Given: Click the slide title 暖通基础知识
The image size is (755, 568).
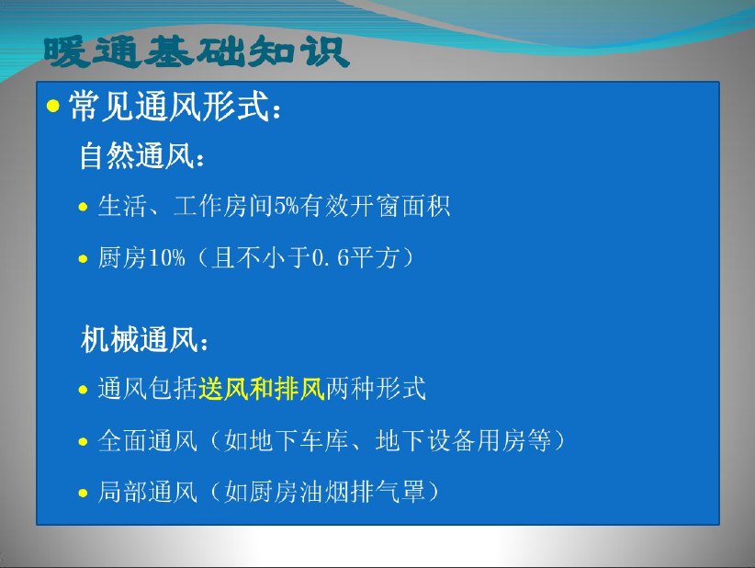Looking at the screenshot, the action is point(197,51).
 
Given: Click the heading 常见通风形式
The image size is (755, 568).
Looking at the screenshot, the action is point(168,106).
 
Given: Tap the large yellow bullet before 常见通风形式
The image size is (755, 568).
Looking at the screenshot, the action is point(53,106).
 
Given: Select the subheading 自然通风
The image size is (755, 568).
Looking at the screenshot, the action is point(137,155).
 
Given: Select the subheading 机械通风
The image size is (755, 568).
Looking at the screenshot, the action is point(140,339).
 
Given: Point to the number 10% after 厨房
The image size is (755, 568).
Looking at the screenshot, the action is point(166,257).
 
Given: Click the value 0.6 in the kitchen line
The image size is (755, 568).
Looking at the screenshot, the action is point(330,257).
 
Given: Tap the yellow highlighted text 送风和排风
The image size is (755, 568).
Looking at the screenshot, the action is point(262,388).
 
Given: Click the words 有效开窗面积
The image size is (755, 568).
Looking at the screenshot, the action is point(375,206).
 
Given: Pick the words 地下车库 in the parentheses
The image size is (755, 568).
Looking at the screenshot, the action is point(287,440).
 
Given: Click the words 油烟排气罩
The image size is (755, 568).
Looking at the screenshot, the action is point(362,492).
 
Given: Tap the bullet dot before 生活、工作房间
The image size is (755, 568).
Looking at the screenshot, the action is point(83,207).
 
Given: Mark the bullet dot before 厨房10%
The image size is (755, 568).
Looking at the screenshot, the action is point(83,258).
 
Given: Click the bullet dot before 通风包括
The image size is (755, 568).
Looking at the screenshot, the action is point(83,390).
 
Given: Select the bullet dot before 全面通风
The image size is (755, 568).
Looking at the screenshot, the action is point(83,441).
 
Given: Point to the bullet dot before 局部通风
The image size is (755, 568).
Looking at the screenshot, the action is point(83,493).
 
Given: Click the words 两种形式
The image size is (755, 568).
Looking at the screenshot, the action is point(376,388).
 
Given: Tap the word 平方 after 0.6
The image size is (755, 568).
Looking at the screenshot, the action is point(374,257).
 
